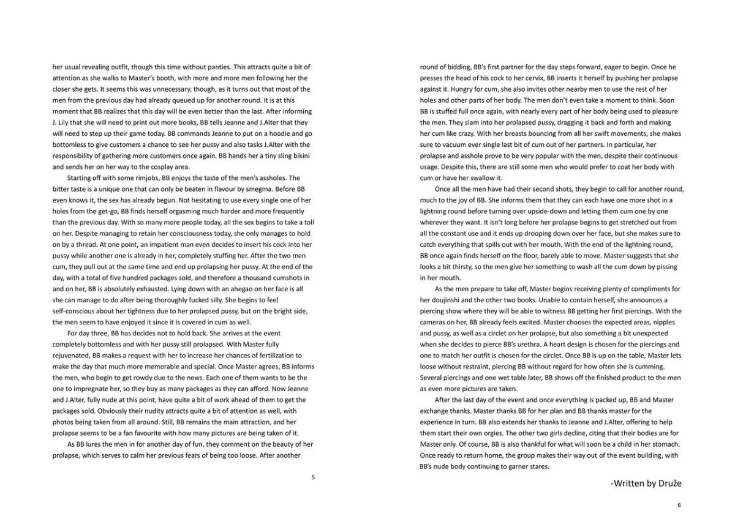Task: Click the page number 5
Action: tap(313, 477)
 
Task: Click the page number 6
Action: tap(679, 505)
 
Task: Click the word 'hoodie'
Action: tap(278, 133)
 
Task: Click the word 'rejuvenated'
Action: tap(72, 355)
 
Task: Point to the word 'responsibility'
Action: tap(76, 155)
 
